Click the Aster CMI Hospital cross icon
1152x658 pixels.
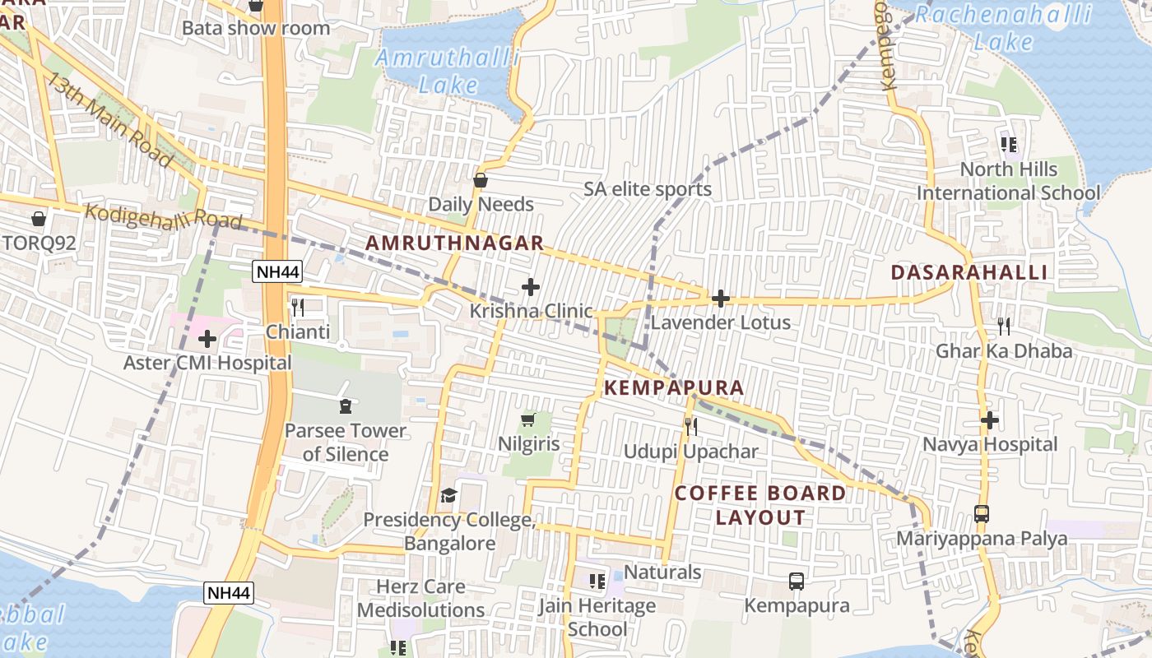(207, 338)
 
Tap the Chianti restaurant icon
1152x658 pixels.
(298, 308)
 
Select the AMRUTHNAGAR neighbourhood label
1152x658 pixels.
(454, 243)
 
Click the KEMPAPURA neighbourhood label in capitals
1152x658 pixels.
(674, 388)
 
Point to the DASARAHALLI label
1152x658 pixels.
(969, 272)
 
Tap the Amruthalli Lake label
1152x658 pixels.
(448, 71)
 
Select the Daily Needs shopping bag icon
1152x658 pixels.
(481, 180)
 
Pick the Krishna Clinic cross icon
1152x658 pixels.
(531, 287)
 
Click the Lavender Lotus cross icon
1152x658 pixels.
(721, 299)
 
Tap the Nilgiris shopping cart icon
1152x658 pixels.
(528, 420)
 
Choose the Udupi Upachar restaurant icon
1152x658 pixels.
(691, 426)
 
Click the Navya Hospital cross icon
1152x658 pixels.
(989, 420)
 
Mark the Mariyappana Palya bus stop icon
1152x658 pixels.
(981, 514)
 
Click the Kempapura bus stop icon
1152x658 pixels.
(797, 582)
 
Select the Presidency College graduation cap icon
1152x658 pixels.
(448, 495)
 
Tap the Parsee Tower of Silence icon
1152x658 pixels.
(345, 405)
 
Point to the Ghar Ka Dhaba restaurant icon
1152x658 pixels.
(1004, 327)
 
